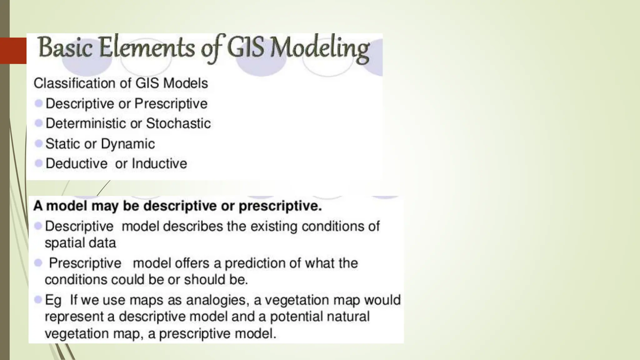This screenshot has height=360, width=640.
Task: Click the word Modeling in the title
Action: pyautogui.click(x=319, y=49)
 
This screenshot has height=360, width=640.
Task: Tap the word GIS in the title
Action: pyautogui.click(x=245, y=48)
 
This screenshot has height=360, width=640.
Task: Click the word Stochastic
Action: pyautogui.click(x=178, y=123)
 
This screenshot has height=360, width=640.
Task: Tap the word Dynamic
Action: pyautogui.click(x=128, y=144)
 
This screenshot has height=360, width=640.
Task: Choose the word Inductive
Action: pyautogui.click(x=159, y=164)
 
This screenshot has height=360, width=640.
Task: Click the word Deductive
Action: pyautogui.click(x=77, y=164)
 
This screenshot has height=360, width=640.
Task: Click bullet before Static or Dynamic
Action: pyautogui.click(x=39, y=144)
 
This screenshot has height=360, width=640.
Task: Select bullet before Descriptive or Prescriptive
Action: pyautogui.click(x=39, y=103)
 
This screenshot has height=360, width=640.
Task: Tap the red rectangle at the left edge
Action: pyautogui.click(x=13, y=51)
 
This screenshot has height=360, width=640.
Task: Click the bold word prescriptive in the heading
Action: pyautogui.click(x=280, y=206)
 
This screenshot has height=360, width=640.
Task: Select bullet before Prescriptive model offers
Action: pyautogui.click(x=38, y=263)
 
